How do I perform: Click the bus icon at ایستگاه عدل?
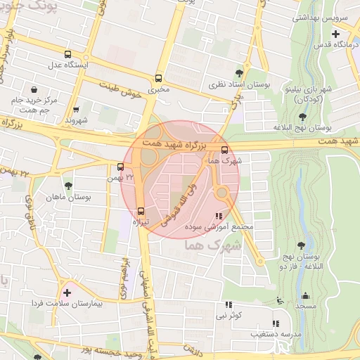[67, 54]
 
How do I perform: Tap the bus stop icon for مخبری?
[158, 79]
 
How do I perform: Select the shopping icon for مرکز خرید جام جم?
[34, 89]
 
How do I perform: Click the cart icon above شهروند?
[76, 110]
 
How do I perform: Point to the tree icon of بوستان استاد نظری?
[239, 72]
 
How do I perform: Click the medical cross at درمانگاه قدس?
[335, 34]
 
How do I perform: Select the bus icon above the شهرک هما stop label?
[224, 150]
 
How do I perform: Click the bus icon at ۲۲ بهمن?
[121, 167]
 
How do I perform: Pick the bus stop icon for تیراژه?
[141, 210]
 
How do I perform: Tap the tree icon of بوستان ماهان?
[67, 186]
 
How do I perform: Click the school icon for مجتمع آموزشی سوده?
[219, 216]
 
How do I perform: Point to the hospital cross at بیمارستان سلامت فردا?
[67, 292]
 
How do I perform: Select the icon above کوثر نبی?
[228, 304]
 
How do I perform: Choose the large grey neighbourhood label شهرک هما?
[212, 247]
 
